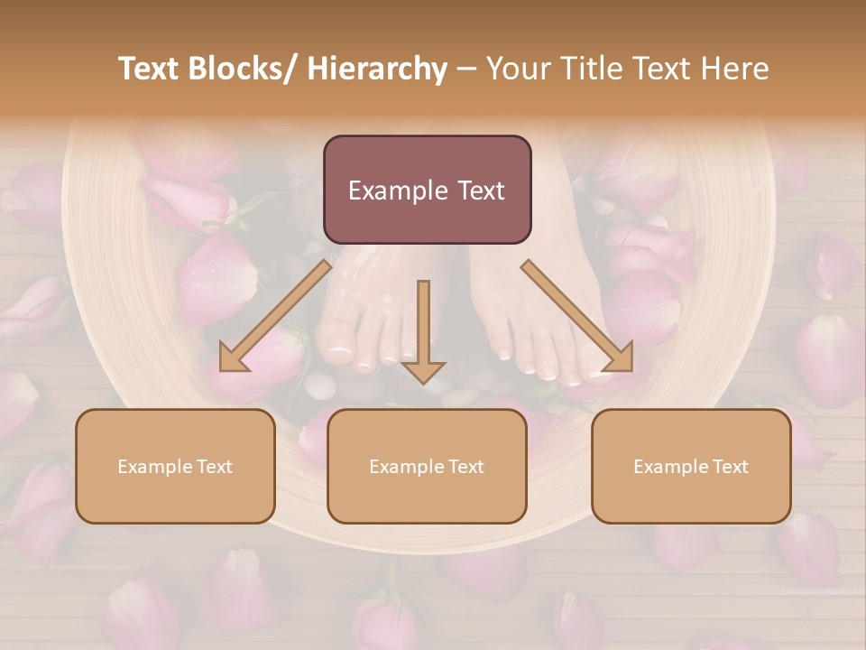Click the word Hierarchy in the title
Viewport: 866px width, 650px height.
377,70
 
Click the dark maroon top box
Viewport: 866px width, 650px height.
427,190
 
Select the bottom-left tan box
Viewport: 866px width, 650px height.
175,466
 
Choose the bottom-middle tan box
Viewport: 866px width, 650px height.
427,466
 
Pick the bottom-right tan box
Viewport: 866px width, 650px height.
691,466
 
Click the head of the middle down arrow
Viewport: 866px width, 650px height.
423,371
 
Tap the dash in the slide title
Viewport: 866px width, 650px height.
466,70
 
